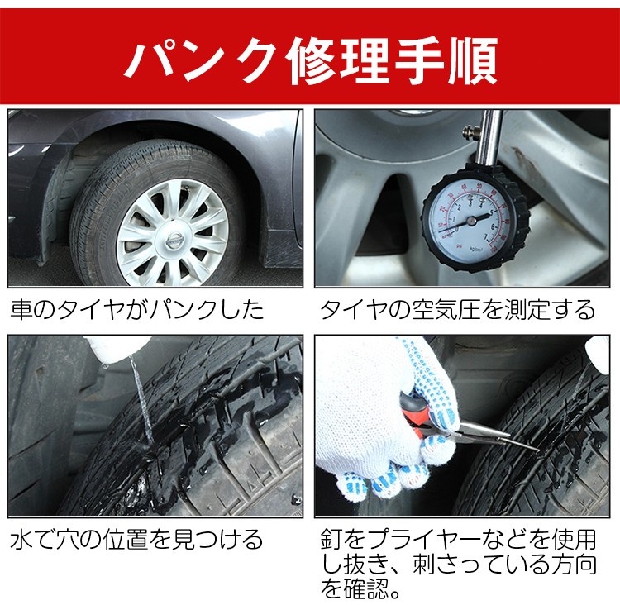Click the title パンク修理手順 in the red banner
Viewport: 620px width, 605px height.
click(311, 60)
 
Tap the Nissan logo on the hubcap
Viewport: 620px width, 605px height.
click(174, 239)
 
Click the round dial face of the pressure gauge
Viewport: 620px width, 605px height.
click(470, 222)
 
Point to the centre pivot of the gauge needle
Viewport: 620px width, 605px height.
click(471, 221)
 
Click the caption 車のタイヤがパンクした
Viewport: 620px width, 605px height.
click(137, 309)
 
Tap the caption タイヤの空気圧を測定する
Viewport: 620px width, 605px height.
click(458, 309)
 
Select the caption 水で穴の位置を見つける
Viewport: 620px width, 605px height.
click(136, 540)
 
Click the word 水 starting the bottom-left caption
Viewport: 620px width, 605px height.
click(21, 540)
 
